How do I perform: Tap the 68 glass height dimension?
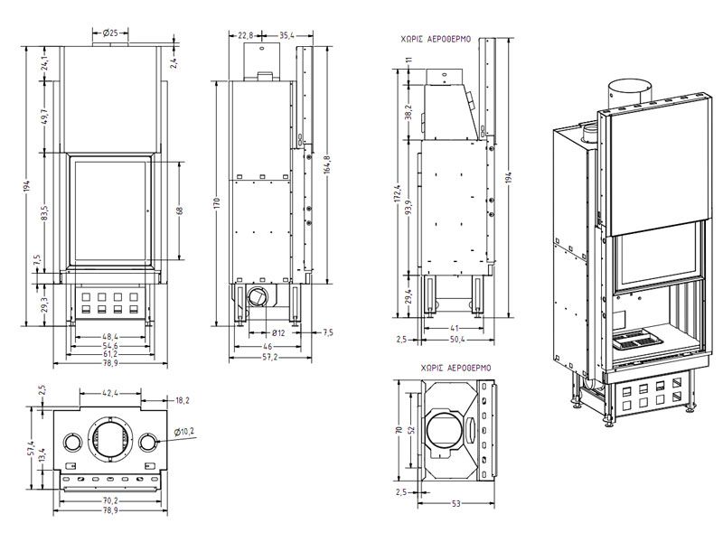click(x=181, y=211)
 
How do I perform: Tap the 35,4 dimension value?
click(x=286, y=36)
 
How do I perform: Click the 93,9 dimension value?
click(x=408, y=213)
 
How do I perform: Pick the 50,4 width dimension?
click(x=456, y=340)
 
